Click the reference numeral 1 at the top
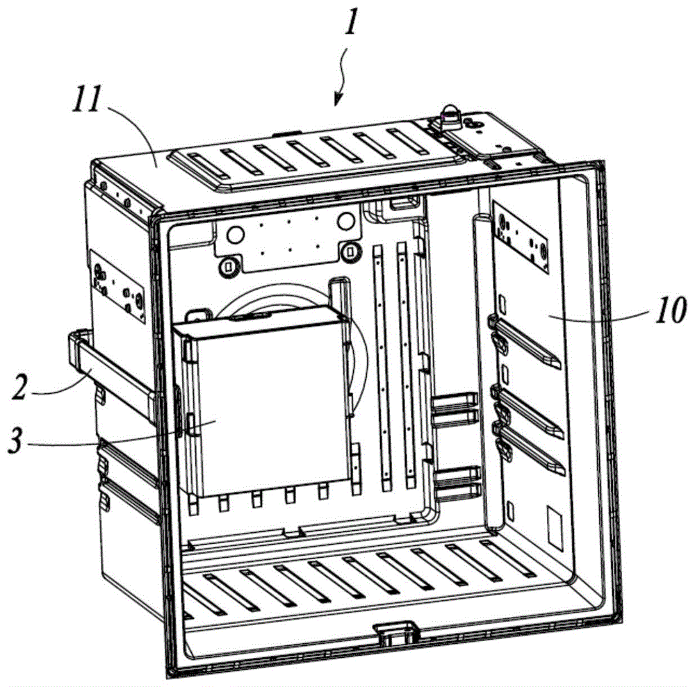pos(350,22)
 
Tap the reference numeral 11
pos(88,99)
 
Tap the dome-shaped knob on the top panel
pos(450,115)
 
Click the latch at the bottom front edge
pos(396,634)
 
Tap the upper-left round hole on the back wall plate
pos(234,235)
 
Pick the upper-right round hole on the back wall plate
pos(345,222)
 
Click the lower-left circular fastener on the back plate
pos(229,266)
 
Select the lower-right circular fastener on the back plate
pos(350,252)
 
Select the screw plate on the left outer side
pos(117,285)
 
